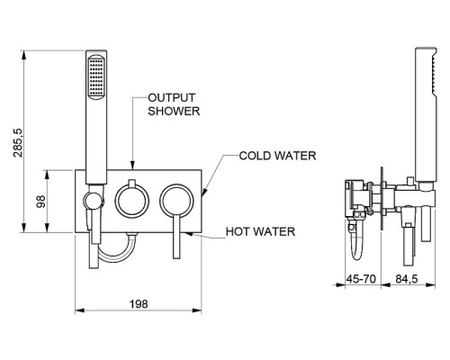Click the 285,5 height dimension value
[18, 142]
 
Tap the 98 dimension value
[40, 202]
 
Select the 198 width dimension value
[139, 304]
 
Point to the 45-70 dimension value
[361, 279]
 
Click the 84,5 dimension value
[407, 279]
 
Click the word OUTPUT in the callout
[172, 98]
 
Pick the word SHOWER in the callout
[174, 111]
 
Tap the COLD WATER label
[277, 156]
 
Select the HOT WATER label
[260, 231]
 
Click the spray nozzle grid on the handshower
[96, 77]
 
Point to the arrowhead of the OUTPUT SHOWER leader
[132, 166]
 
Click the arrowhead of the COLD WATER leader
[203, 193]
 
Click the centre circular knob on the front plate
[132, 201]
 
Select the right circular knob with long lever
[176, 201]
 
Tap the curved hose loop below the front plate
[114, 257]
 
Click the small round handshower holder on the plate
[94, 201]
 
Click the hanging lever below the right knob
[176, 237]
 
